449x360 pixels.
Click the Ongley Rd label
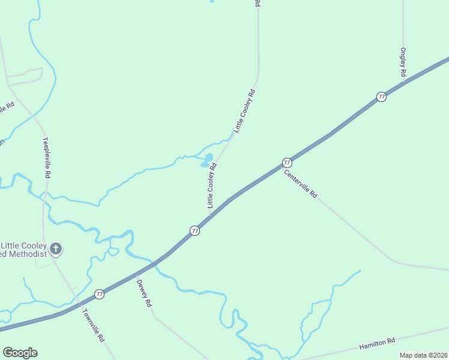point(403,62)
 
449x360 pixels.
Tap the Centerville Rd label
point(300,183)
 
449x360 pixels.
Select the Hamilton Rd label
point(377,343)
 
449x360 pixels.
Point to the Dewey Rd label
point(144,293)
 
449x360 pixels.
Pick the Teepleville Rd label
point(46,158)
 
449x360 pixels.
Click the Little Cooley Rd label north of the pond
point(245,110)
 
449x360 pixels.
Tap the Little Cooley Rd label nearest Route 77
point(211,185)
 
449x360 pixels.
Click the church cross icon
point(55,248)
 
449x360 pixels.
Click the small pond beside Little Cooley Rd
point(206,161)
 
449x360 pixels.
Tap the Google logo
point(20,353)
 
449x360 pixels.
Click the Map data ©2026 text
point(423,355)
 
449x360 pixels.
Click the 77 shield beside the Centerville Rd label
point(287,163)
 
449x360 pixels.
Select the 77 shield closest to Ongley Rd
point(381,97)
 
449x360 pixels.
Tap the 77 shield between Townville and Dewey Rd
point(99,294)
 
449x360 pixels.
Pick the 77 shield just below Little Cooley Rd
point(194,231)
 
